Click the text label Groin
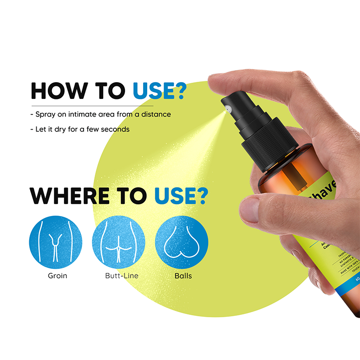[58, 275]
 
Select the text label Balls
[183, 275]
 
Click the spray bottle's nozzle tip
[226, 109]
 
